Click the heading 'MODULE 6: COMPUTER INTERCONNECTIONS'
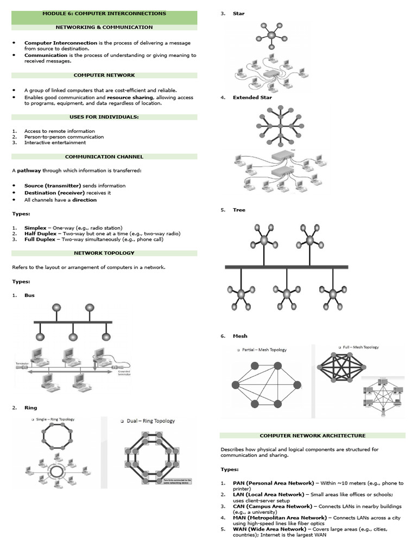coord(104,14)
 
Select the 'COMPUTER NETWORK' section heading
coord(104,75)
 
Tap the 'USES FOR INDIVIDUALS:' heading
coord(104,117)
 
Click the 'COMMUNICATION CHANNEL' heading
coord(104,157)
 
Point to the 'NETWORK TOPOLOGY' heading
coord(104,253)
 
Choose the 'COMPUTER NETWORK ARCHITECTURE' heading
coord(312,435)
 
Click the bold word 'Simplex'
coord(35,228)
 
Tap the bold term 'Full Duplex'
coord(40,238)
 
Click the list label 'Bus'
coord(29,295)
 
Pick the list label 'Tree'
coord(239,209)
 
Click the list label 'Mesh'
coord(240,336)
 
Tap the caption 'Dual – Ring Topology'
coord(150,421)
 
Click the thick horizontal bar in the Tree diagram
coord(286,267)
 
